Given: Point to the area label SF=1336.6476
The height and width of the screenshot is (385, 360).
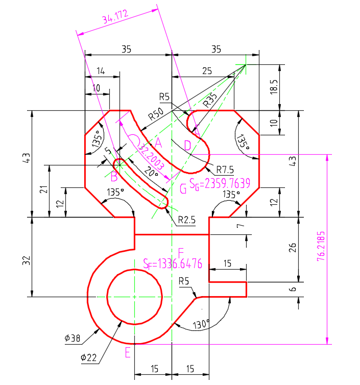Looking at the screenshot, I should (x=173, y=263).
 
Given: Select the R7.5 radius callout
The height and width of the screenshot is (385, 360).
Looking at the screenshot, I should (x=225, y=169).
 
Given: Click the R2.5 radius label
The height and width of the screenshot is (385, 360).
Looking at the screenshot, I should (x=187, y=221).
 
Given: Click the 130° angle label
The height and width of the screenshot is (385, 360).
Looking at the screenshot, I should (x=201, y=324).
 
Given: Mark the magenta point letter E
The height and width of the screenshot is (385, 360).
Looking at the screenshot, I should (x=128, y=352).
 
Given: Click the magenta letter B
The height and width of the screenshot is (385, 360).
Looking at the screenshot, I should (x=114, y=177).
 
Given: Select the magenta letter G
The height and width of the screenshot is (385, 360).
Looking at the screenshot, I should (x=183, y=189).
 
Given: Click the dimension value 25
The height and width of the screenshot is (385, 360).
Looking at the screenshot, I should (x=207, y=71).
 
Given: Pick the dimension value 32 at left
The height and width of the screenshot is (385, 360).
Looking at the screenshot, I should (x=27, y=260).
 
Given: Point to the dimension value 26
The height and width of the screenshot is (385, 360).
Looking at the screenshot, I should (x=293, y=249).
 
